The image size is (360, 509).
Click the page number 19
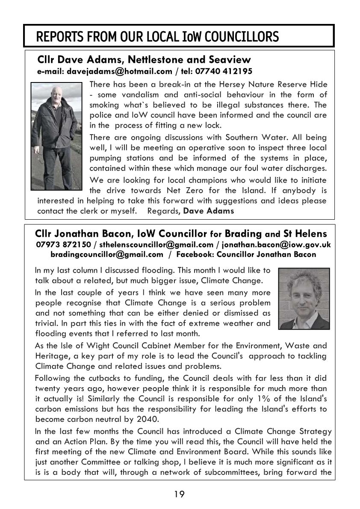pos(180,494)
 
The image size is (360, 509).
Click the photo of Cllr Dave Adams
pos(56,136)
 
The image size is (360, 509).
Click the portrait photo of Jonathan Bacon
pos(304,299)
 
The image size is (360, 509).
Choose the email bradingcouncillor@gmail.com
pos(107,254)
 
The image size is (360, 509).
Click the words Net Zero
pos(219,190)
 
